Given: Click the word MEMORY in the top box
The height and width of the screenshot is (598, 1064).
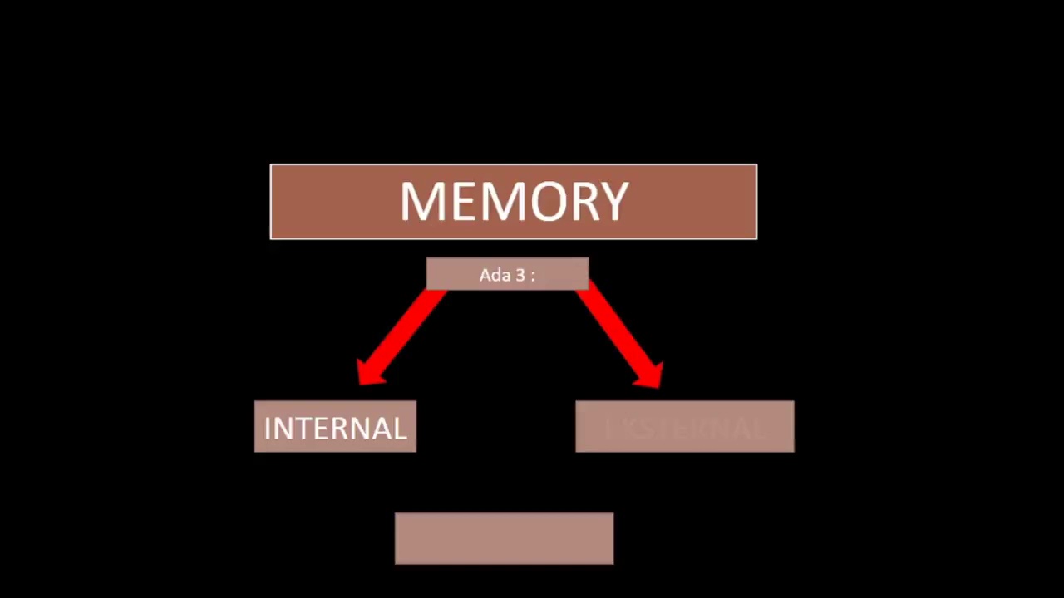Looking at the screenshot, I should tap(514, 202).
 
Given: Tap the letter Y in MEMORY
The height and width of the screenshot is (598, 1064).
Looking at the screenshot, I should tap(613, 202).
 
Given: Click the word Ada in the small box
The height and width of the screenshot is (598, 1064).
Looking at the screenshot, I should tap(493, 275).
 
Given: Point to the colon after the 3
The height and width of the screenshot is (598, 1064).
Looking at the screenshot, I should tap(532, 276).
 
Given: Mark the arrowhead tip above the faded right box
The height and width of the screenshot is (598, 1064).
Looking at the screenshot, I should tap(658, 385).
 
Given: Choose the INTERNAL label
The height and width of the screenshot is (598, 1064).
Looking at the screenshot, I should tap(335, 428).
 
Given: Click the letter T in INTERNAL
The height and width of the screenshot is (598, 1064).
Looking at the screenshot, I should tap(302, 428).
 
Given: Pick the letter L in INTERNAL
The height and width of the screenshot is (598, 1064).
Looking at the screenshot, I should tap(398, 428).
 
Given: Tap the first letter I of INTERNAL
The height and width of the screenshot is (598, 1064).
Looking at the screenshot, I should tap(268, 428).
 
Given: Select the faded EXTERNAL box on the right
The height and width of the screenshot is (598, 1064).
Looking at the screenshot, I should tap(684, 427).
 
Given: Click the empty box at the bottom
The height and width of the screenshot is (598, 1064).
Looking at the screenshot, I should tap(504, 538).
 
